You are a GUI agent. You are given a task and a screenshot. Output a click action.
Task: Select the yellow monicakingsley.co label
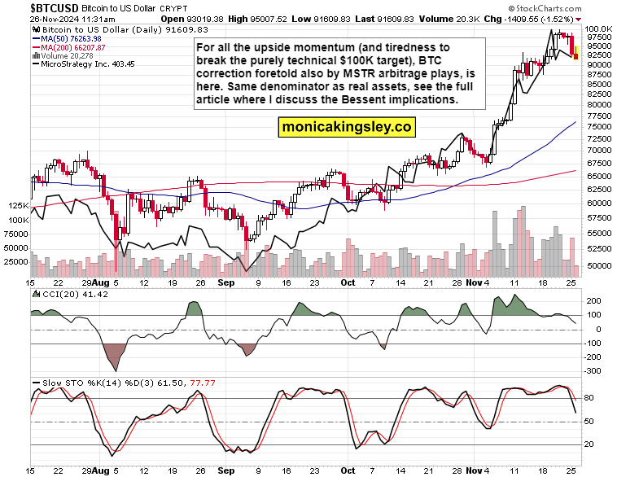pos(347,127)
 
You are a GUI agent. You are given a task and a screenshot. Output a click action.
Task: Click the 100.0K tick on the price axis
pos(599,29)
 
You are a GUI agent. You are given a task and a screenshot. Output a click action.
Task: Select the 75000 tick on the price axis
pos(599,127)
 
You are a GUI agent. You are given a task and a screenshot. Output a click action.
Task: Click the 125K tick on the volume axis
pos(17,207)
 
